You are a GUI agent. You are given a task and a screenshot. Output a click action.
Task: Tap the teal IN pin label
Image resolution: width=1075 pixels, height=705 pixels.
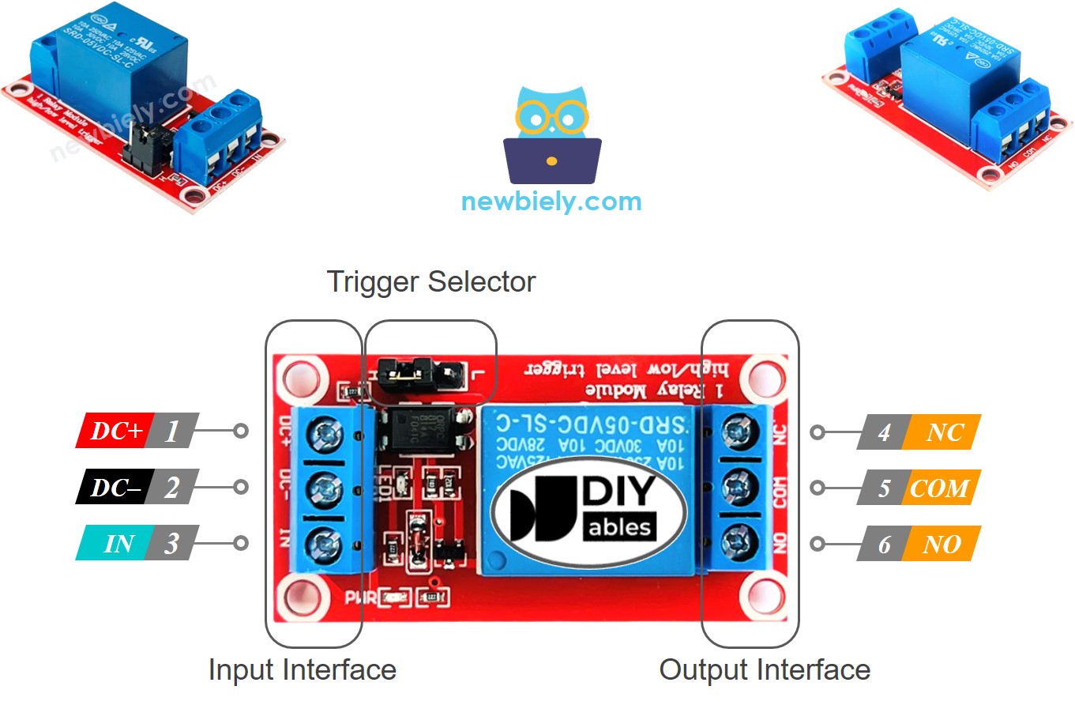(x=116, y=543)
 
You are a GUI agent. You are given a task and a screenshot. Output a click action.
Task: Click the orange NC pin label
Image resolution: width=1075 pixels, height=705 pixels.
(x=944, y=432)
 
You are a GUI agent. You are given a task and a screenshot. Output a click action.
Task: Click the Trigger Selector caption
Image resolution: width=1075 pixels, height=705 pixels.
(x=431, y=281)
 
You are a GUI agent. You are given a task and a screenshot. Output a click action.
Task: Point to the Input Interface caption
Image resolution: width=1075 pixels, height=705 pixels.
(x=302, y=670)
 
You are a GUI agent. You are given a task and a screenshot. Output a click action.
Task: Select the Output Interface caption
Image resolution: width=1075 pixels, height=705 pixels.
(x=765, y=670)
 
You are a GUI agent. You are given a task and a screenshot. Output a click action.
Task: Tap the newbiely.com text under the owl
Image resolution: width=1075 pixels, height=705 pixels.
(x=551, y=201)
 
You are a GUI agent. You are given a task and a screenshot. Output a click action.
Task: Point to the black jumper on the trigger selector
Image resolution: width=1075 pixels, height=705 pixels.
(x=404, y=369)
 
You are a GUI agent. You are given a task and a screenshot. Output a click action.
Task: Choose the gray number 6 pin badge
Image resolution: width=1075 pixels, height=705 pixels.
(x=884, y=544)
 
